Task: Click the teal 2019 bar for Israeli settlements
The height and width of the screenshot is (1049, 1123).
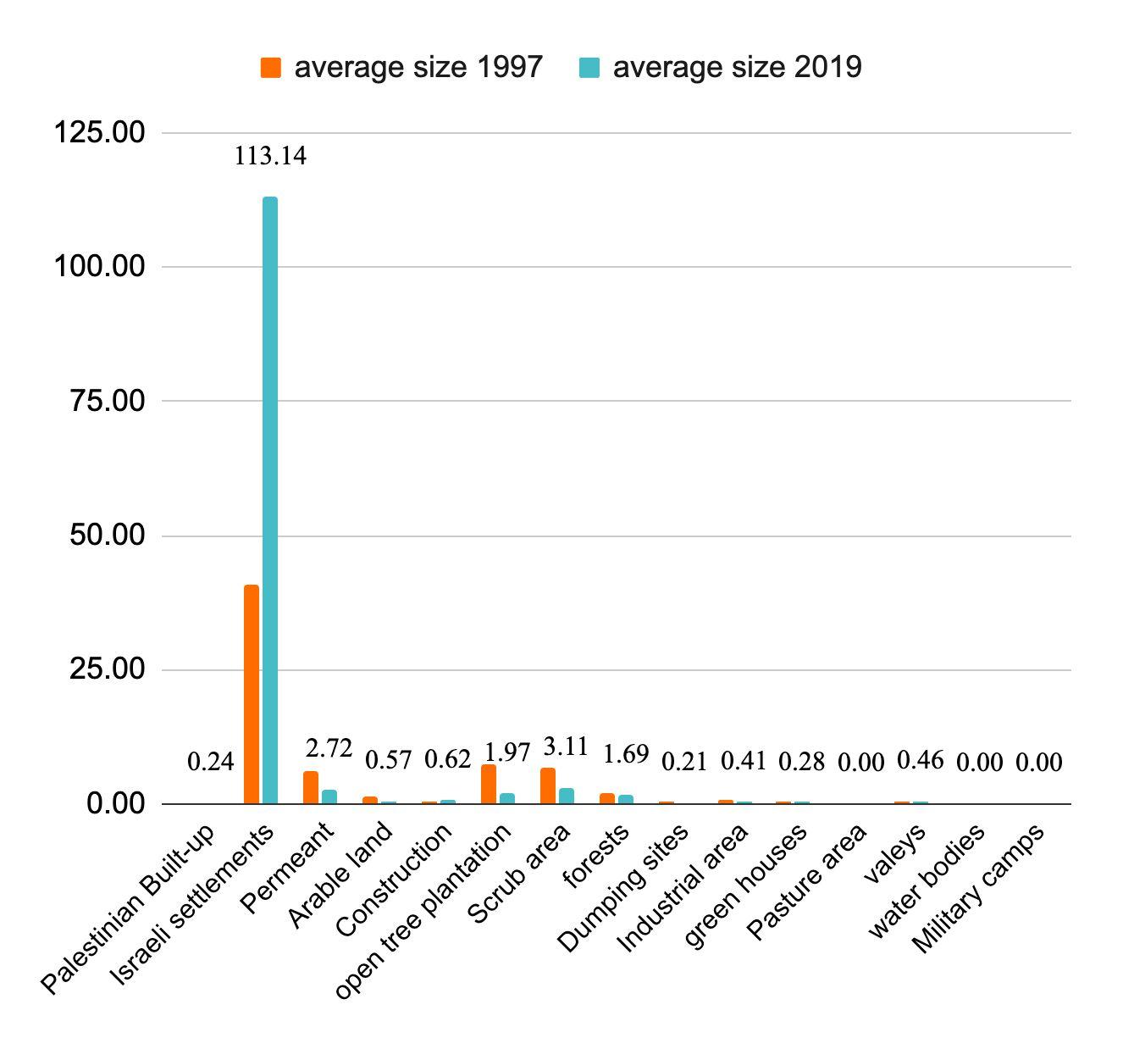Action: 270,500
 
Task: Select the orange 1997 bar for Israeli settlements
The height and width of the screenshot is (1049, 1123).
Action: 252,694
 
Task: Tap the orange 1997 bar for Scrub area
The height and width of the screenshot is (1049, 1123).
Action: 548,785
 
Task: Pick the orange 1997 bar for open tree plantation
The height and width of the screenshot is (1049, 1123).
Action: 489,784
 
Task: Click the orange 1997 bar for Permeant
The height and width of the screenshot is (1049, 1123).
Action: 311,787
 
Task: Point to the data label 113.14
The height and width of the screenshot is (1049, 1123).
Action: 270,156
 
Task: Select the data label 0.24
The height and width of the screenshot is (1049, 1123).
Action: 210,762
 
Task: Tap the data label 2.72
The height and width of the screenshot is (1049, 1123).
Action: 329,747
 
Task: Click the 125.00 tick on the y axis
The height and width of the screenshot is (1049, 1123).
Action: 99,132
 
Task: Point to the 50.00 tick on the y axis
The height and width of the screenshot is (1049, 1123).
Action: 104,536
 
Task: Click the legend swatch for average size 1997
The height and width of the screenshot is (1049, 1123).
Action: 270,68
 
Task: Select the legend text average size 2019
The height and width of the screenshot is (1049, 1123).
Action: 737,67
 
